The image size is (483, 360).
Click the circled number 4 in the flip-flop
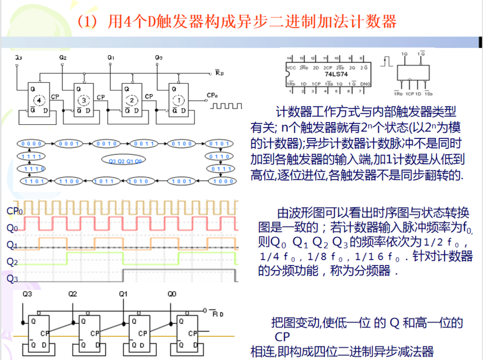(38, 100)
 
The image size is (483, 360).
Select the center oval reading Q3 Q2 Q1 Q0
(125, 161)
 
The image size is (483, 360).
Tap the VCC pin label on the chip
(291, 68)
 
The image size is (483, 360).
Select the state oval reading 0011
(144, 143)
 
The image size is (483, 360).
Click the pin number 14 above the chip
(289, 58)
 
